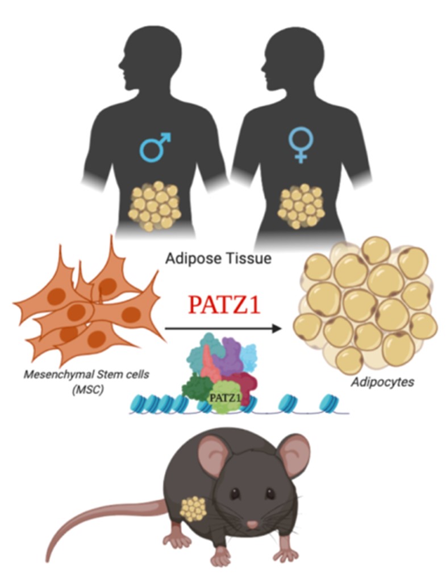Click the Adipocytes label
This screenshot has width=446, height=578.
pos(382,382)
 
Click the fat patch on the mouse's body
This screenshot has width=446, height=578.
pos(193,509)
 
